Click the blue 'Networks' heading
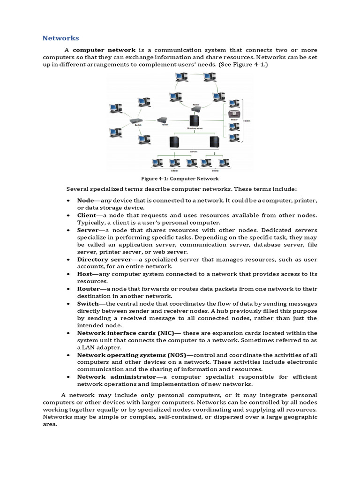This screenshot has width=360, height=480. [61, 38]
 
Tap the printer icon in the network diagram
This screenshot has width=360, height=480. [234, 114]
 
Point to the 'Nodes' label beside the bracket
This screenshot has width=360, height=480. [247, 120]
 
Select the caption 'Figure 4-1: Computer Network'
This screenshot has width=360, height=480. [180, 179]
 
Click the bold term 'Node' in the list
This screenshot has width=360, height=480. [86, 200]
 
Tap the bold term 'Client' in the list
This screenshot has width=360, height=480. [87, 215]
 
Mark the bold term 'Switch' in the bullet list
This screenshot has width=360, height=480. [88, 304]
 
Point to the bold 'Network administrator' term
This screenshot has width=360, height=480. [116, 377]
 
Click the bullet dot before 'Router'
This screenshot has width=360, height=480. [68, 289]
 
